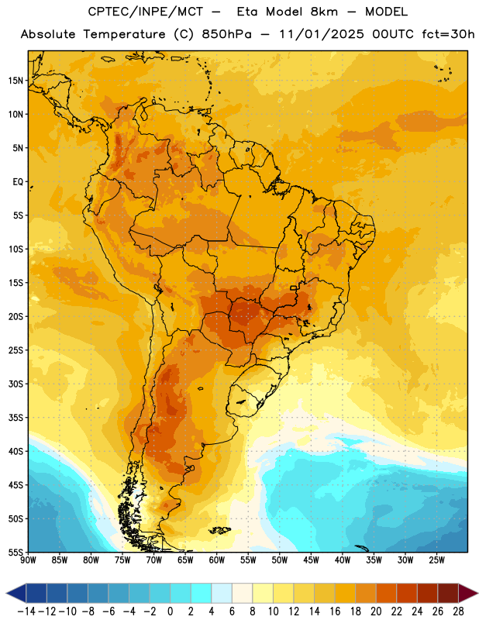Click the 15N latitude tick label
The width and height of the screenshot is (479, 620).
point(16,81)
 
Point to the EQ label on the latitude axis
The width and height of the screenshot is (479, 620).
point(18,182)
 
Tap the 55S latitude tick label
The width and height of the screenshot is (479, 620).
point(16,553)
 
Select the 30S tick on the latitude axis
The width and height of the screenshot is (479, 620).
point(16,384)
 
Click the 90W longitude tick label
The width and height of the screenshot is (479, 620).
point(28,560)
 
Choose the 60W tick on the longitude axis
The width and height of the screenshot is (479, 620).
point(217,560)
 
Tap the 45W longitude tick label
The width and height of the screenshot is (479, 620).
point(311,560)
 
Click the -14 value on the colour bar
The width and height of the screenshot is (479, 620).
point(26,611)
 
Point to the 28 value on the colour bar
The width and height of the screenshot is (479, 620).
point(458,611)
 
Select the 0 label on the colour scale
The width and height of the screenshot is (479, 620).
point(170,611)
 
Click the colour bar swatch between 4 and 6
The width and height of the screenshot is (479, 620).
point(222,593)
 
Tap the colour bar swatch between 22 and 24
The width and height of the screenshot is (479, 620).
point(407,593)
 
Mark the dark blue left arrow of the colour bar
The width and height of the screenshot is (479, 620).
point(16,593)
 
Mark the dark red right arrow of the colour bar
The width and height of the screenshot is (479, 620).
point(468,593)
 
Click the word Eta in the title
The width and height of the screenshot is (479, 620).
point(248,12)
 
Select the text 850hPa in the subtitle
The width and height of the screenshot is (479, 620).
point(226,34)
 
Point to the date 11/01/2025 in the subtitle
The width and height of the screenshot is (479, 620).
point(322,34)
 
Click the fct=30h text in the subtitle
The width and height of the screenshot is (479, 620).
point(448,34)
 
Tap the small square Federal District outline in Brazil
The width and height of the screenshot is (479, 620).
point(294,288)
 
